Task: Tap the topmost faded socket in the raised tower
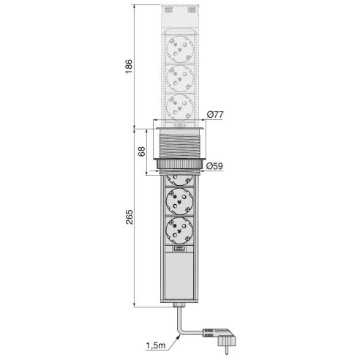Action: click(x=179, y=52)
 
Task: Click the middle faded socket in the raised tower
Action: click(x=179, y=79)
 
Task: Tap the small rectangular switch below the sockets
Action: click(x=179, y=250)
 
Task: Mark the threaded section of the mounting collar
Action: click(x=179, y=146)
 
